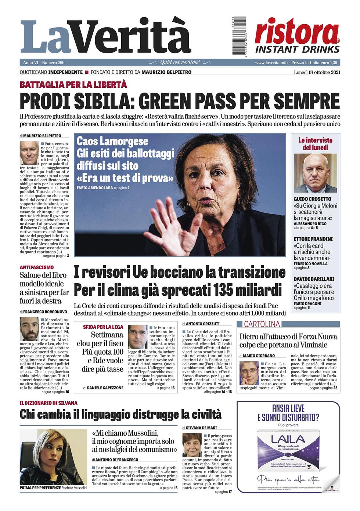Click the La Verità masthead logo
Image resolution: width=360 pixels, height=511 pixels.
click(106, 37)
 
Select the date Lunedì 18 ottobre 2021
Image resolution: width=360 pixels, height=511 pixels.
click(317, 72)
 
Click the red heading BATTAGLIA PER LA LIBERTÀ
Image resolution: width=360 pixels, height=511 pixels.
click(73, 85)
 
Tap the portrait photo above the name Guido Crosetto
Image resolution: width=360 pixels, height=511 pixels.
click(315, 173)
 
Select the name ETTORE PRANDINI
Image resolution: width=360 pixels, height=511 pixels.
click(313, 239)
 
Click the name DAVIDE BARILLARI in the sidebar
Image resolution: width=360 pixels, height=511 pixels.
click(314, 279)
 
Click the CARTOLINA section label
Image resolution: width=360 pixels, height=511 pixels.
click(262, 324)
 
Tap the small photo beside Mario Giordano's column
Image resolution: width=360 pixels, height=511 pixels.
click(249, 373)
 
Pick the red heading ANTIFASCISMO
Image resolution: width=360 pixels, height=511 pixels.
click(36, 267)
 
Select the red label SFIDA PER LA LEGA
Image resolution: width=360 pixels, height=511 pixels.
click(103, 327)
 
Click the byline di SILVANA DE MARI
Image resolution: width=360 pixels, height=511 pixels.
click(199, 428)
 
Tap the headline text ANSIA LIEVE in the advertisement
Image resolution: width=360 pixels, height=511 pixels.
click(288, 408)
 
